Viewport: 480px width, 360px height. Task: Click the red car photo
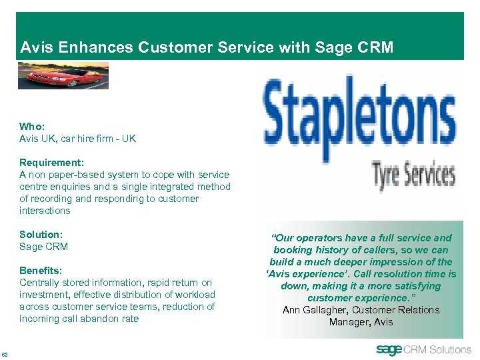click(x=63, y=75)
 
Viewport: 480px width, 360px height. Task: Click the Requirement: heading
click(x=51, y=163)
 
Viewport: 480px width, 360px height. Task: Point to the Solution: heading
click(x=41, y=235)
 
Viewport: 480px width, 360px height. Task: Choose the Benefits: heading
click(x=41, y=271)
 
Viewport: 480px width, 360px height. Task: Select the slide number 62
click(x=5, y=353)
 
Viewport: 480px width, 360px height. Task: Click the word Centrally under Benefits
click(x=39, y=283)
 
